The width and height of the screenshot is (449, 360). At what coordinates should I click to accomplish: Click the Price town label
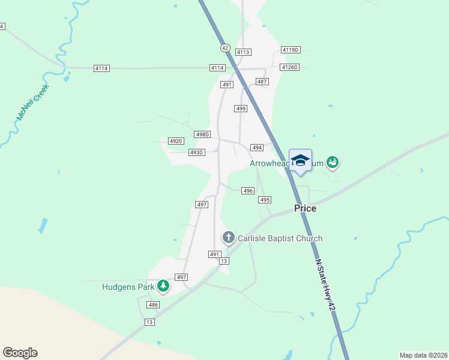pos(305,208)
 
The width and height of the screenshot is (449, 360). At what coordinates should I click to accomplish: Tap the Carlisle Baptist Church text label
pos(280,238)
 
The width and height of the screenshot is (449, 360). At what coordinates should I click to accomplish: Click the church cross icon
pos(228,238)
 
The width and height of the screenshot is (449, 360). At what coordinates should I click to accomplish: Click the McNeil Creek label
pos(33,102)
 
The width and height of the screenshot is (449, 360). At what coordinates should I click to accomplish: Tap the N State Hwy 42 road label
pos(324,285)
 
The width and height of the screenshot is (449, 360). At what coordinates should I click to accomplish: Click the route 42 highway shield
pos(225,47)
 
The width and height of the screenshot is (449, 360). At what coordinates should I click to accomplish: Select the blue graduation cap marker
pos(300,160)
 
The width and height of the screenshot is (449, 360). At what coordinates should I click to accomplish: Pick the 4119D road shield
pos(291,50)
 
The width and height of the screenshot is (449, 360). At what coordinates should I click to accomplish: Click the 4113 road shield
pos(243,52)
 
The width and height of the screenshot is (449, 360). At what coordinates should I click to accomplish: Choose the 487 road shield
pos(262,82)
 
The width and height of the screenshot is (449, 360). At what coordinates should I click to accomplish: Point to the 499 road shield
pos(241,109)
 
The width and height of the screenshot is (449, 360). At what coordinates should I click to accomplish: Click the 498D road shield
pos(203,134)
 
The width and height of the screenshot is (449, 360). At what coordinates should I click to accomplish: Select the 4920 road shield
pos(176,141)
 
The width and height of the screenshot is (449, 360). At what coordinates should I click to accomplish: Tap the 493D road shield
pos(197,153)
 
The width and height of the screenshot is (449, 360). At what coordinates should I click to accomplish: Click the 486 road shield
pos(154,305)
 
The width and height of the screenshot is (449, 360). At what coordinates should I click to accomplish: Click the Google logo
pos(20,353)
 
